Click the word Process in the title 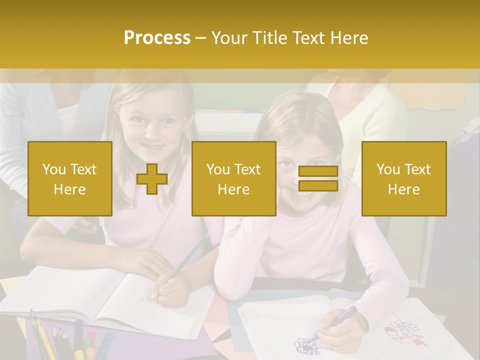click(157, 38)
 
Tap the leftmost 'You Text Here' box click(70, 179)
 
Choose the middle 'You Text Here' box click(233, 179)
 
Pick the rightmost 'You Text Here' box click(403, 179)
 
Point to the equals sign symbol click(318, 178)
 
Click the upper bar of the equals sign click(318, 171)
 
